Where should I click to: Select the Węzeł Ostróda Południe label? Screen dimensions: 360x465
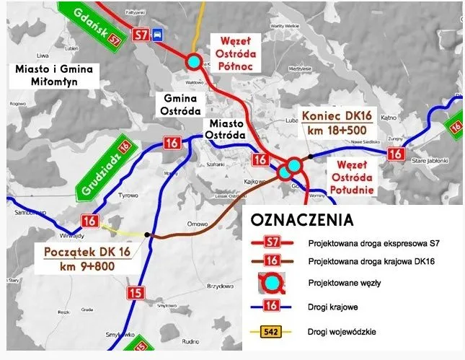tap(351, 177)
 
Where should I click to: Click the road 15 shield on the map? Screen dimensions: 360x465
tap(138, 292)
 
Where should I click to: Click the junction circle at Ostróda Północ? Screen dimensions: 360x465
tap(193, 62)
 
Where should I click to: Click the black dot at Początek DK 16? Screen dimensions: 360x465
tap(147, 234)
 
